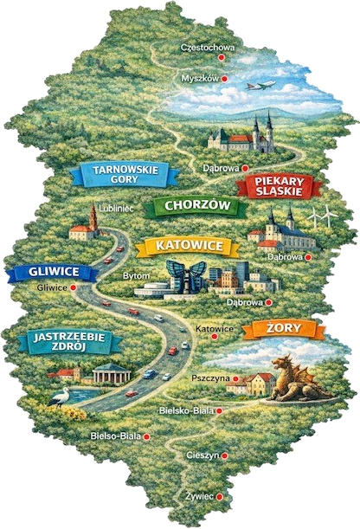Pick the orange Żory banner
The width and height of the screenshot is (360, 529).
[284, 329]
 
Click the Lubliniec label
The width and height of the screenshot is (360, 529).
[115, 209]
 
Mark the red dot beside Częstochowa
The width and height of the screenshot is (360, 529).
[221, 57]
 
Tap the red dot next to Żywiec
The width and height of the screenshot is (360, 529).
[220, 497]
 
